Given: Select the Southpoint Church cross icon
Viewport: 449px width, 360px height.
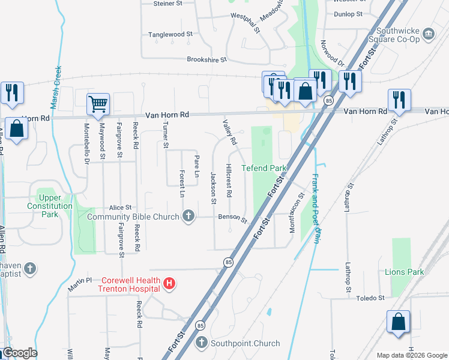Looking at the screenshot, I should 203,343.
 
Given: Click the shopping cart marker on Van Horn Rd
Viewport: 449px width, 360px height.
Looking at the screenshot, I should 98,104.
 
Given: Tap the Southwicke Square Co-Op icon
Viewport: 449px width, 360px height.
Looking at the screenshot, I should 429,34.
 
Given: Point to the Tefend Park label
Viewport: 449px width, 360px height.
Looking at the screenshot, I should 264,168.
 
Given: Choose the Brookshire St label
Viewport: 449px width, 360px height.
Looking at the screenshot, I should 207,59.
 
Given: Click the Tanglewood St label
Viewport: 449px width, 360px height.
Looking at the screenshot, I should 166,35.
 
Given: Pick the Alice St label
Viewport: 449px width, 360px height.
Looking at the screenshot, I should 120,207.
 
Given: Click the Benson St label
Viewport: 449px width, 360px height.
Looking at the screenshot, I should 232,218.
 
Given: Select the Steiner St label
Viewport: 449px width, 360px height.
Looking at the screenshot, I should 168,4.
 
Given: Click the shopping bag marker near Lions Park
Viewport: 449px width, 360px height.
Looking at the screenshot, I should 399,322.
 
